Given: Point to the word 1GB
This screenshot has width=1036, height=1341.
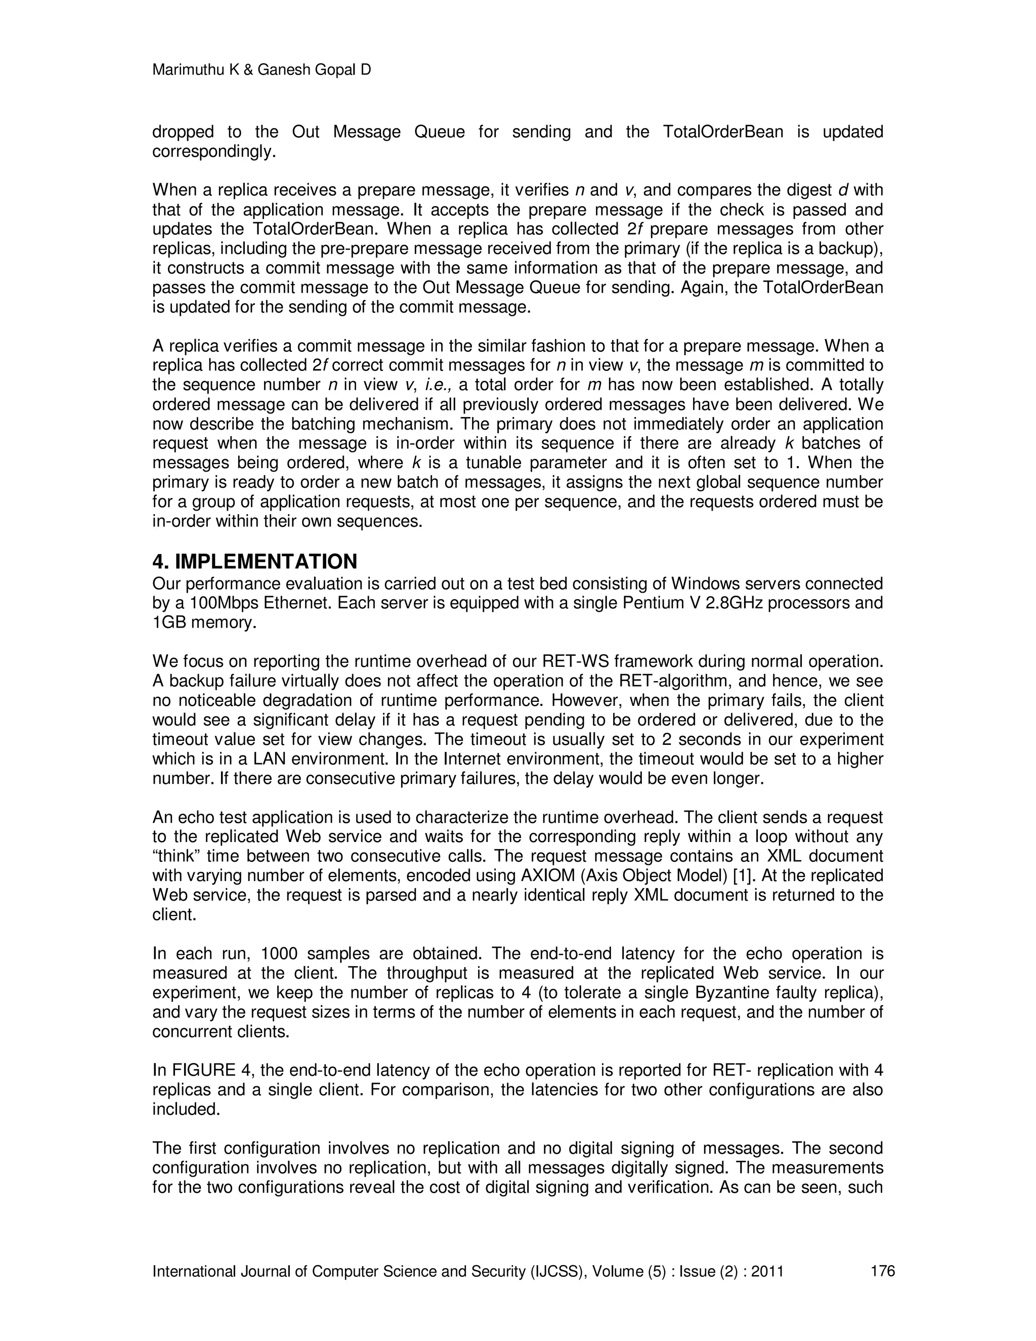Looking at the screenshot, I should [169, 622].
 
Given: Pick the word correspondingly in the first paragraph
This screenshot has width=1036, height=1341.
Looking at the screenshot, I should [210, 152].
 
